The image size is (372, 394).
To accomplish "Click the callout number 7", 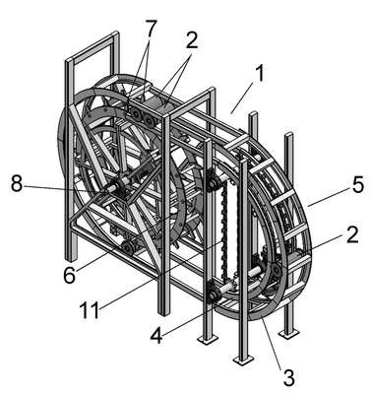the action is [x=150, y=31].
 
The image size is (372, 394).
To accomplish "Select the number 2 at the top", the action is [x=191, y=40].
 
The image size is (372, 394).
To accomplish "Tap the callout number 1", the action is [x=259, y=73].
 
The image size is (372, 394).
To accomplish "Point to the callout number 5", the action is [x=356, y=184].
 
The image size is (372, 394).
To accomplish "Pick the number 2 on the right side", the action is [x=352, y=234].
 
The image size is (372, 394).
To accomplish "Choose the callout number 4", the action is [x=156, y=335].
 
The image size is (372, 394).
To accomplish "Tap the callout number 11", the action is [x=90, y=309].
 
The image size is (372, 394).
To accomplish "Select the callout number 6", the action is [x=70, y=274].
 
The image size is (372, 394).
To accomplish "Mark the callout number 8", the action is [x=17, y=184].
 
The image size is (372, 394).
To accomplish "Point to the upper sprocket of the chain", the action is [x=212, y=180].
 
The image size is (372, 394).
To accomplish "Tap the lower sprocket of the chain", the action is [x=212, y=294].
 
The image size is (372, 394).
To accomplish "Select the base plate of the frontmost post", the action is [x=243, y=360].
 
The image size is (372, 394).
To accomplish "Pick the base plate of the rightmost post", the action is [x=289, y=334].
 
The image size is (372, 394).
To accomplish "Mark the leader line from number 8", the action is [x=65, y=188].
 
